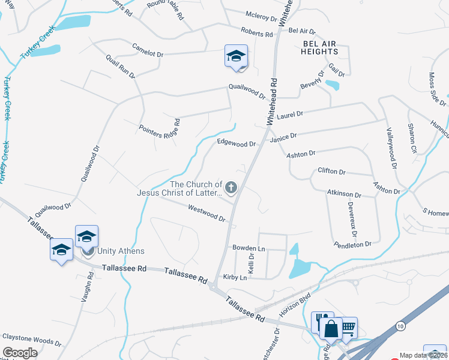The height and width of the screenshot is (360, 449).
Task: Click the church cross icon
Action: coord(231,188)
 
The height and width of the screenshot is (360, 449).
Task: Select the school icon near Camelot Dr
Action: coord(236,56)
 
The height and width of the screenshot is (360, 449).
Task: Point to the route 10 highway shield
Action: coord(400,325)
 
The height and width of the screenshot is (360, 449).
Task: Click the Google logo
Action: coord(20,352)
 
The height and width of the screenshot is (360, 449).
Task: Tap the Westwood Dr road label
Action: coord(206,214)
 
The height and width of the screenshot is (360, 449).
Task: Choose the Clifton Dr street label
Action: coord(331,172)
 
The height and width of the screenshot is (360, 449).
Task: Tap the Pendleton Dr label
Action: coord(353,244)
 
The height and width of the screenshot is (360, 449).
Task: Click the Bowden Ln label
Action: coord(249,248)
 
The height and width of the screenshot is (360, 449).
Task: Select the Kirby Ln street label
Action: coord(235,277)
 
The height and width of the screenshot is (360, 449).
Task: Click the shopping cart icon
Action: coord(347,328)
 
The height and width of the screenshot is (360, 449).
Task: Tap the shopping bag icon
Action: coord(331,329)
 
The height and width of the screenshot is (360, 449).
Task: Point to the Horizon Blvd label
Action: coord(295,305)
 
